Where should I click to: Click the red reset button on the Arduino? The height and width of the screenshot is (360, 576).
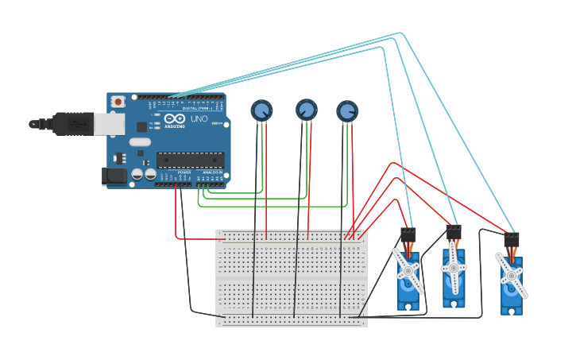click(118, 102)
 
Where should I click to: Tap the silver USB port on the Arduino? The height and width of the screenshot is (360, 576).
click(110, 123)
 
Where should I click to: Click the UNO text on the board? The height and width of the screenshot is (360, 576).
click(199, 119)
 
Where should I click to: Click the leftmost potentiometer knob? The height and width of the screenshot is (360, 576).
click(261, 110)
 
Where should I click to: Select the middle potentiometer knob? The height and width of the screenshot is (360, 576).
click(307, 110)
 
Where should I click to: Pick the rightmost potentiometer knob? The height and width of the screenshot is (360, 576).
click(347, 111)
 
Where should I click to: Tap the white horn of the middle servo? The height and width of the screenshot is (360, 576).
click(454, 268)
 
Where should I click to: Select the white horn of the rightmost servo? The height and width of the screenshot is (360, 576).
click(510, 275)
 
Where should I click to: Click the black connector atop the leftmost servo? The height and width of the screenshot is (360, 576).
click(408, 234)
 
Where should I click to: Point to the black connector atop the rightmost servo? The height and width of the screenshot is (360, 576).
click(512, 238)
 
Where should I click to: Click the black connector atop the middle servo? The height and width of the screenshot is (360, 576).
click(454, 232)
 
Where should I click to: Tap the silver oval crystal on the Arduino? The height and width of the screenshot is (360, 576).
click(140, 142)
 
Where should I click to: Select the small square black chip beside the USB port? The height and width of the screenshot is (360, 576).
click(141, 126)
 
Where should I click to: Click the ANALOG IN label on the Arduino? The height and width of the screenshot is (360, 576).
click(212, 172)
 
